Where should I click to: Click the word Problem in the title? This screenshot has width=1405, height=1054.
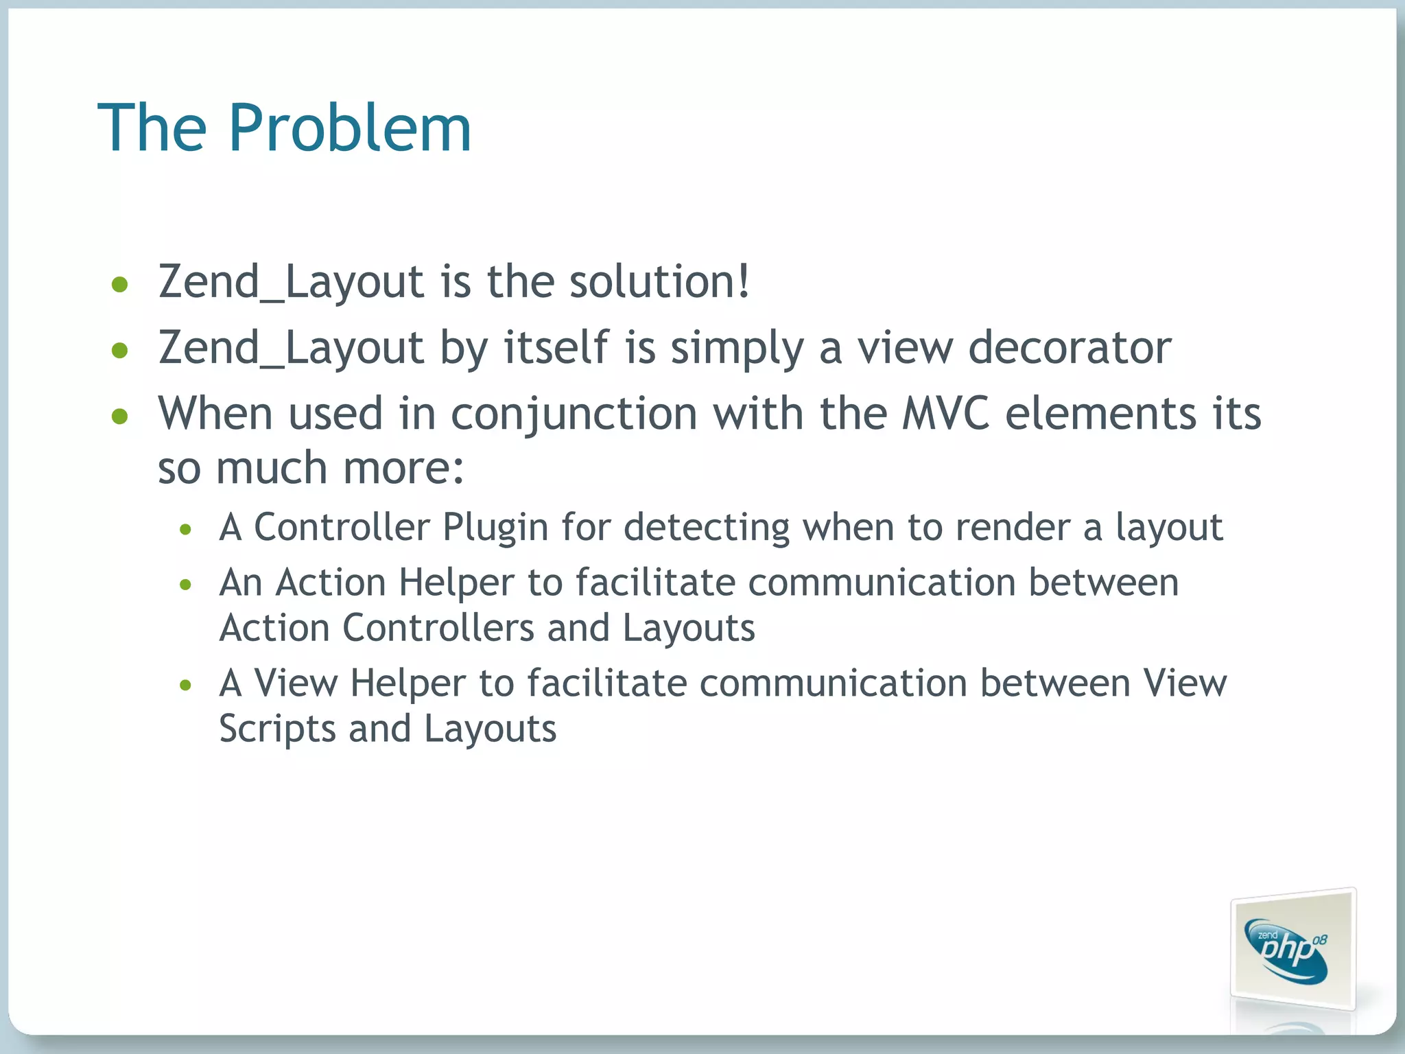click(x=349, y=128)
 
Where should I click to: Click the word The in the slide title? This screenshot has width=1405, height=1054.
click(x=152, y=128)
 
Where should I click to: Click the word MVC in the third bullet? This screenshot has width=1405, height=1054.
click(x=946, y=414)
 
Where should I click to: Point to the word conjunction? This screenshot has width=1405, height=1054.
click(x=574, y=415)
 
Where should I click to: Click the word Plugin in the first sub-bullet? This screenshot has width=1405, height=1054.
click(x=495, y=528)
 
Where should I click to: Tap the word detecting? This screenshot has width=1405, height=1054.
click(x=707, y=528)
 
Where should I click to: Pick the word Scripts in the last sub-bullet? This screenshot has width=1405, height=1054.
click(x=277, y=729)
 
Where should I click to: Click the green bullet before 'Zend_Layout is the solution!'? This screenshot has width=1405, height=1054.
click(x=120, y=285)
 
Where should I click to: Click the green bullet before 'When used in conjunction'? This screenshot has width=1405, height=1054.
click(x=120, y=417)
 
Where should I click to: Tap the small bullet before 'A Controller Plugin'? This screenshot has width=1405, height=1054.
click(x=185, y=530)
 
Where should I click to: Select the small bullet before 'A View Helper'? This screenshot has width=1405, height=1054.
click(x=185, y=685)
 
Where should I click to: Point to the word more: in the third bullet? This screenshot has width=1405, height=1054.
click(x=403, y=469)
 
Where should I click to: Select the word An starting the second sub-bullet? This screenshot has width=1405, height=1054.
click(x=241, y=583)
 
